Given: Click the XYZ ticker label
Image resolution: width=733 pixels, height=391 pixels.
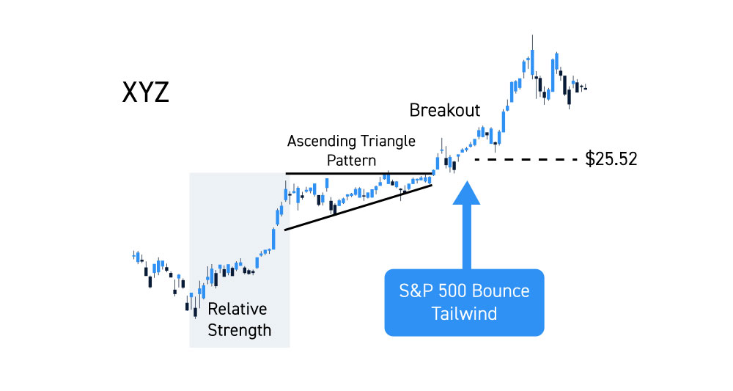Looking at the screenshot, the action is [145, 92].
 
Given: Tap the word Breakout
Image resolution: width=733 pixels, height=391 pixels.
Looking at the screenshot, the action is [445, 110].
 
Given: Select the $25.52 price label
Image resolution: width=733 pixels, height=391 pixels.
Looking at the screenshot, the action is [611, 159].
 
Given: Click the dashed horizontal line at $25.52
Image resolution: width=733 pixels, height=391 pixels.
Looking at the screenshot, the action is [526, 159].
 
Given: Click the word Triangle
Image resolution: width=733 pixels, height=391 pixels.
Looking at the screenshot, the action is [388, 141].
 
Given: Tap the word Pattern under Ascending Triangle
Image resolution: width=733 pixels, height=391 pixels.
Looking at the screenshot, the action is [351, 161].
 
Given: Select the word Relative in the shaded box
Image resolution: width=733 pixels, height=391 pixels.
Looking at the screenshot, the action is [237, 309].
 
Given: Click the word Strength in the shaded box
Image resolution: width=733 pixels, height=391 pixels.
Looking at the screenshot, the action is [240, 330].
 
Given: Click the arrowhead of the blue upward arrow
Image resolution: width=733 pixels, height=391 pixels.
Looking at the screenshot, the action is [466, 193].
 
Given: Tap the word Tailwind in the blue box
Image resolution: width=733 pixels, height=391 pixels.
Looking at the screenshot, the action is [464, 313].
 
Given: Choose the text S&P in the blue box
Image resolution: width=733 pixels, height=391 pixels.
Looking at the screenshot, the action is [415, 291].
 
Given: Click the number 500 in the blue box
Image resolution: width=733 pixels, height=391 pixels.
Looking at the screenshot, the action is [451, 291].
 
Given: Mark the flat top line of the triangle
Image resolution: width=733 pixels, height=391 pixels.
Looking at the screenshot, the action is [359, 174].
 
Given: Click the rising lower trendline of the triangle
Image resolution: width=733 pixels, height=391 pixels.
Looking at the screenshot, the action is [358, 207].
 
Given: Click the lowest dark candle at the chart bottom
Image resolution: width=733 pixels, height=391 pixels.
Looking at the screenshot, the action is [196, 310].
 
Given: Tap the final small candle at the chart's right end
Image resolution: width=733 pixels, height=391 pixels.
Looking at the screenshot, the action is [585, 87].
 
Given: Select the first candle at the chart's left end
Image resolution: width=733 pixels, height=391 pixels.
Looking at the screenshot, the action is [133, 256].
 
